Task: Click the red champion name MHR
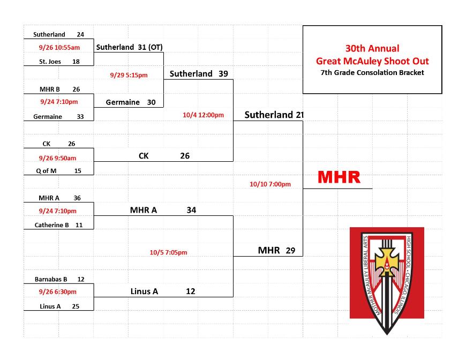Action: (339, 177)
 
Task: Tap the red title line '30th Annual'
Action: (372, 48)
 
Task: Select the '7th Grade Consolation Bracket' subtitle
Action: (372, 72)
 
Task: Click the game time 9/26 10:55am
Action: (59, 47)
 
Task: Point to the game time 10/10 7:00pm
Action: (270, 184)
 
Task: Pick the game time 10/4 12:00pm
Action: (204, 115)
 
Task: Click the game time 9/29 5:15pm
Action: (129, 75)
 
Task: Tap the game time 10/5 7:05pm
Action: (168, 252)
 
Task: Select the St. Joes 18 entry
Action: (59, 62)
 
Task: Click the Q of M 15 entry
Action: (58, 171)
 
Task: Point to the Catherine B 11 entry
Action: (58, 225)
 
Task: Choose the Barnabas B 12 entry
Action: (59, 279)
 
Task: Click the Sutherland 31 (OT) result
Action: (129, 47)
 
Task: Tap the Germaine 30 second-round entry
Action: (131, 102)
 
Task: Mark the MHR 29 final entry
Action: (276, 250)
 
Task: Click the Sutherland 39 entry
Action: (199, 74)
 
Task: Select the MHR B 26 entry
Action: (60, 89)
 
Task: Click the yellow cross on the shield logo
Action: (386, 261)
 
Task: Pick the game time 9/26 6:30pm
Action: (58, 291)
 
